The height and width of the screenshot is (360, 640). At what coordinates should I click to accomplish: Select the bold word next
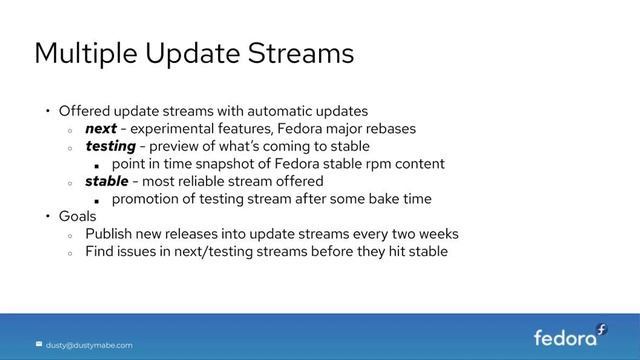(x=100, y=128)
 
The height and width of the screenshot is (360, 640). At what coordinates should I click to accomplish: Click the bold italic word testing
(x=110, y=146)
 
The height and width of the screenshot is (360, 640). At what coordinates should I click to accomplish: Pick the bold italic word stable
(x=106, y=181)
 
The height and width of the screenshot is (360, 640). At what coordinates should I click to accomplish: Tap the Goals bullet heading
(x=77, y=216)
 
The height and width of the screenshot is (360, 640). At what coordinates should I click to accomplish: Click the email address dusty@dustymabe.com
(x=89, y=345)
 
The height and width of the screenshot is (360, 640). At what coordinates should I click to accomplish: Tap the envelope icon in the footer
(x=39, y=345)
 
